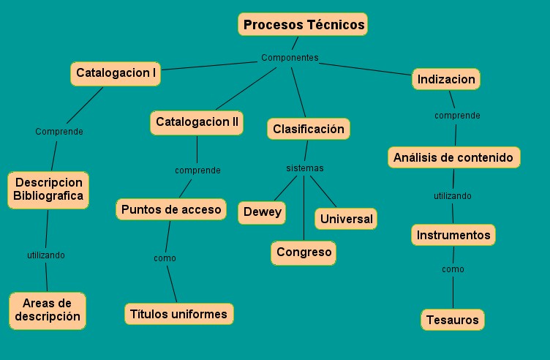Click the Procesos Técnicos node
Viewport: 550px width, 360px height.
(x=304, y=25)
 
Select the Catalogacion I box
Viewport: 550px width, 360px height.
(x=116, y=73)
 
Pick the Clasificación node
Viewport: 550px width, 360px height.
(x=308, y=130)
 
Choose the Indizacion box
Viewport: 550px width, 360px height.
(x=446, y=79)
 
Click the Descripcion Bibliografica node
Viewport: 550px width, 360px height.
(x=48, y=189)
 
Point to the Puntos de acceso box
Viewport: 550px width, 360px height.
(x=171, y=209)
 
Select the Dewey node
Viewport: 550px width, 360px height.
(x=262, y=212)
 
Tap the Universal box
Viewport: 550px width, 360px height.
(x=346, y=219)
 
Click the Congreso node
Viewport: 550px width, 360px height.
(x=304, y=252)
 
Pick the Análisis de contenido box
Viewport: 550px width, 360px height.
(x=453, y=157)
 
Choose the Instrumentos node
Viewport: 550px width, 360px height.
(x=453, y=236)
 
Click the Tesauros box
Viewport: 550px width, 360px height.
(x=453, y=320)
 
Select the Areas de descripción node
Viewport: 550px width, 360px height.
(x=48, y=310)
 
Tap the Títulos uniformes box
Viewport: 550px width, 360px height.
(x=178, y=314)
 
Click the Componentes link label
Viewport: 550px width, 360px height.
(x=290, y=58)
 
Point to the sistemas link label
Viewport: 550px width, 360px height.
(x=304, y=168)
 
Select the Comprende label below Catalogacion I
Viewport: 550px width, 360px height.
(x=59, y=132)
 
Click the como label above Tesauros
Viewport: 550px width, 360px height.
(x=453, y=269)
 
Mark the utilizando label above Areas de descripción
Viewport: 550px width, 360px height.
(x=46, y=255)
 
